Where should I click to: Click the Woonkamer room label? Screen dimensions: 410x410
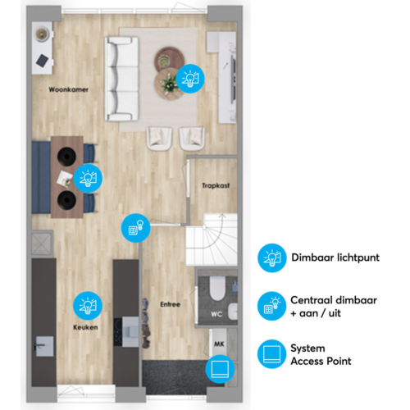(x=68, y=89)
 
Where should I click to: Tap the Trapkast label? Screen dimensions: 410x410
(x=216, y=185)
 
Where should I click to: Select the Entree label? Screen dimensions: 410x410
(x=170, y=304)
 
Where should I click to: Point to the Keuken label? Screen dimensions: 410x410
(x=85, y=327)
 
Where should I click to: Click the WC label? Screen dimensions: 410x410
(x=216, y=314)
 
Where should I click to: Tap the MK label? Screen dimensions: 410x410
(x=219, y=344)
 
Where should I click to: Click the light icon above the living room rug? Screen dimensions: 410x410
(x=190, y=79)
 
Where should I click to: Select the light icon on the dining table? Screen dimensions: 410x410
(x=88, y=178)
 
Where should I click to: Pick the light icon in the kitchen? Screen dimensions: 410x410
(x=88, y=306)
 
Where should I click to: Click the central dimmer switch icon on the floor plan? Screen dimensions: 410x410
(x=136, y=228)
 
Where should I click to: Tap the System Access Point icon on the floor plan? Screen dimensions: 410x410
(x=220, y=369)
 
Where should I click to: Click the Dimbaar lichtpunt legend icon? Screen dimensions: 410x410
(x=272, y=258)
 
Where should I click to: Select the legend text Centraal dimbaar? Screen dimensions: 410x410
(x=334, y=300)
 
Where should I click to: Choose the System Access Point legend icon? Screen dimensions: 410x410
(x=271, y=354)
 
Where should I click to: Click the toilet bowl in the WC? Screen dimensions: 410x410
(x=217, y=288)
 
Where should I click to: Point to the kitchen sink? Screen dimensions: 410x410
(x=44, y=346)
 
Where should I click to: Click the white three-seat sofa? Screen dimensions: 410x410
(x=121, y=79)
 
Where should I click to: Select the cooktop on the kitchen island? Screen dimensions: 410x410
(x=118, y=332)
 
